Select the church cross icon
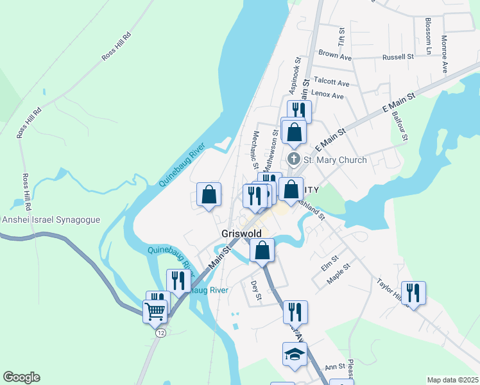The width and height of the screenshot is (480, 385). coord(294,159)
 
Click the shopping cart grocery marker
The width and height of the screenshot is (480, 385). coord(157,311)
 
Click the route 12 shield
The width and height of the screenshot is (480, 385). coord(160,332)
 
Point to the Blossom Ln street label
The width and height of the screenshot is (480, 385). coord(428,36)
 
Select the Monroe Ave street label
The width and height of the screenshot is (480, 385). coord(444,54)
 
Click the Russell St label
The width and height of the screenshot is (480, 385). coord(398,57)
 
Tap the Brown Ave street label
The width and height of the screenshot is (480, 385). coord(335,56)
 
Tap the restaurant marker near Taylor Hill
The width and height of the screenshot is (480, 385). coord(413,293)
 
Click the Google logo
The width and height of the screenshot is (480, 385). coord(21,377)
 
